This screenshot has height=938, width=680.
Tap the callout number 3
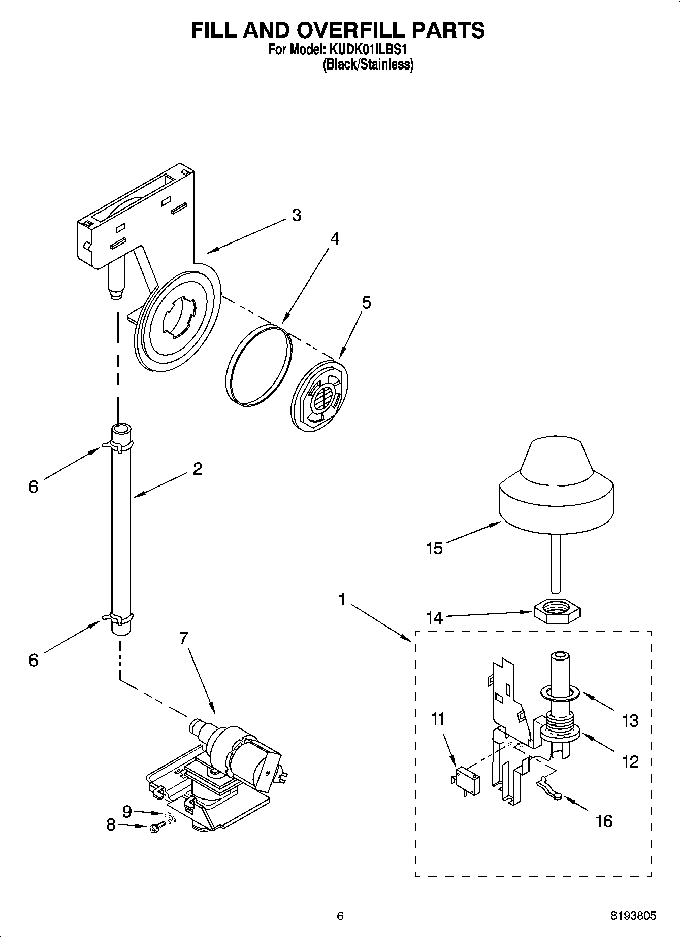[296, 215]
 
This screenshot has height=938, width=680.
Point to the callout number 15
[434, 548]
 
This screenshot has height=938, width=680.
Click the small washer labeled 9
[171, 819]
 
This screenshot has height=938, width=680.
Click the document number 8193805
[633, 916]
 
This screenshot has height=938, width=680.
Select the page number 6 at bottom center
[340, 916]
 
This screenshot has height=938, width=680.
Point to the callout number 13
[630, 720]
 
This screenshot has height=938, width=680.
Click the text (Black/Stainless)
[368, 64]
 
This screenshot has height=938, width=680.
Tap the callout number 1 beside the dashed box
[342, 600]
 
